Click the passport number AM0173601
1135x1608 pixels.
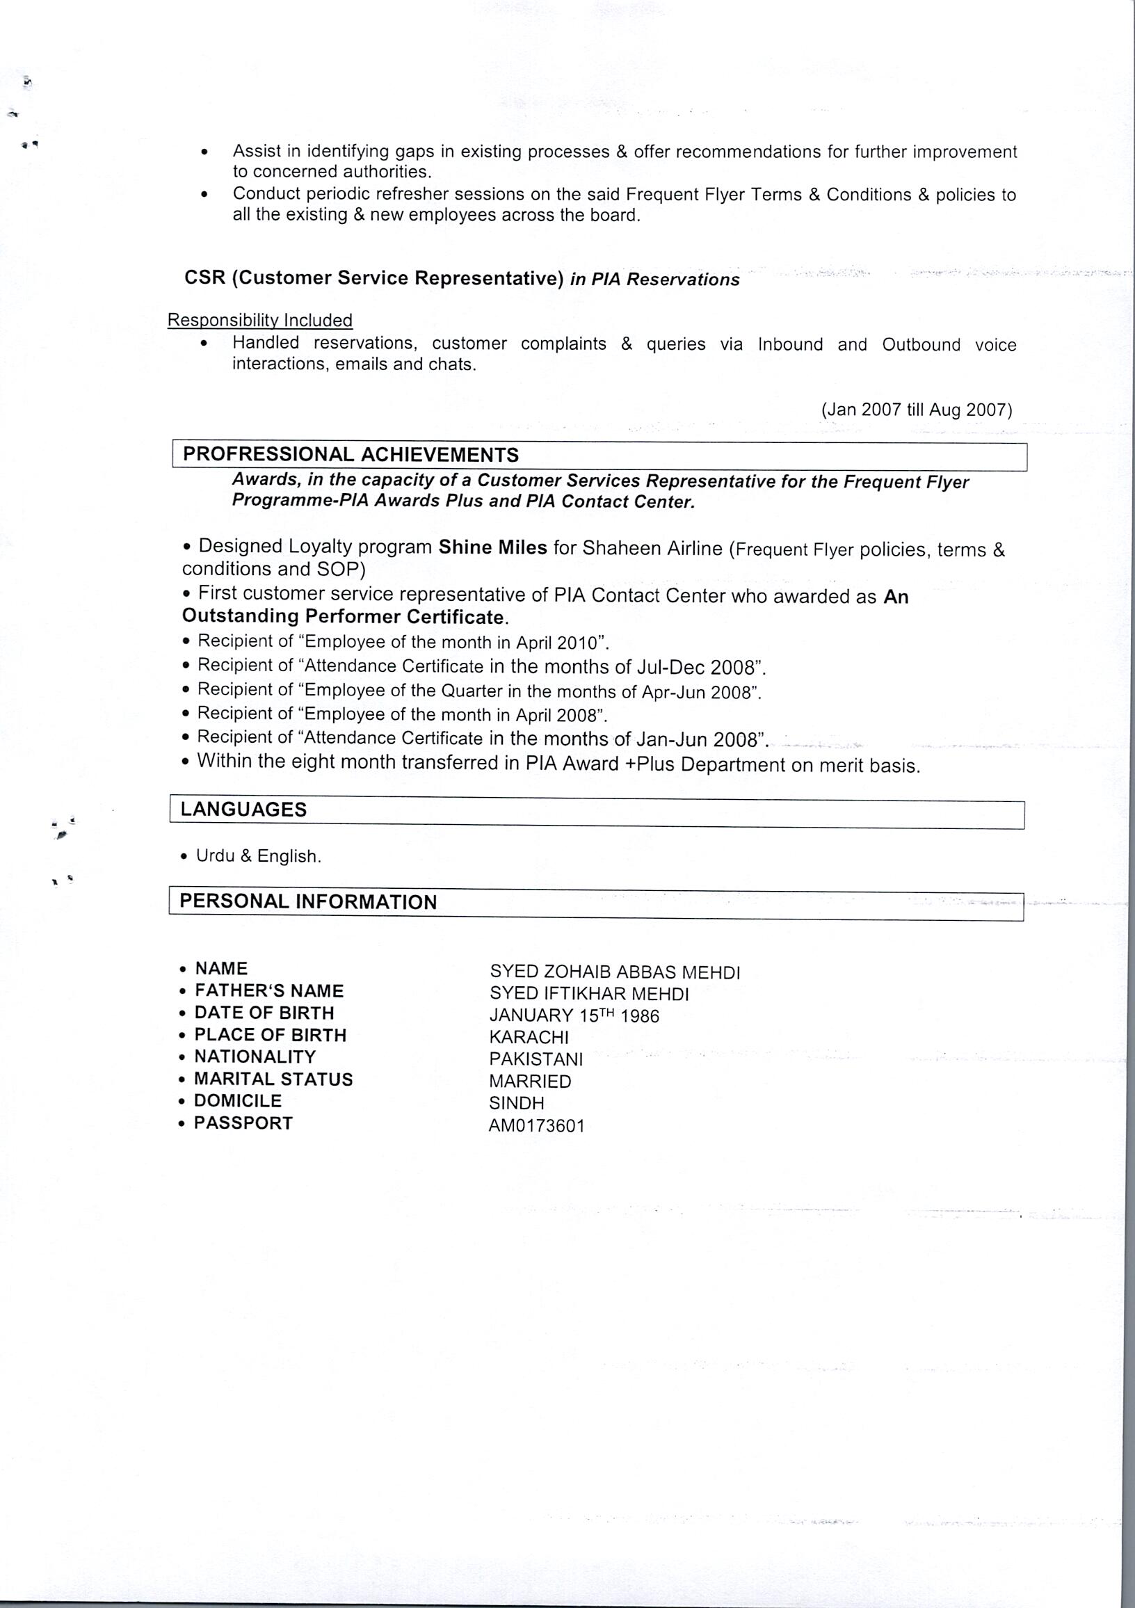[536, 1126]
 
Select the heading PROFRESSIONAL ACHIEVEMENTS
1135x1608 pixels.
[351, 456]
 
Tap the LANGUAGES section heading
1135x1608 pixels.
[243, 810]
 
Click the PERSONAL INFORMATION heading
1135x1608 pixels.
[308, 901]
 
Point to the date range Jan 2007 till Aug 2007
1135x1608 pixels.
[917, 410]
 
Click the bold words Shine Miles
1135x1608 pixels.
[492, 547]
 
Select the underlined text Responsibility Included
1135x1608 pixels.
[260, 321]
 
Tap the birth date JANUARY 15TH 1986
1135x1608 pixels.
[574, 1015]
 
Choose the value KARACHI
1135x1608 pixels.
[529, 1036]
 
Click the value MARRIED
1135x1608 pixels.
[530, 1082]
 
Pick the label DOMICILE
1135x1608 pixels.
[238, 1101]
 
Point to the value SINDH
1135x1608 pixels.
[516, 1103]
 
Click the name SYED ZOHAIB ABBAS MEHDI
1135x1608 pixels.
[615, 972]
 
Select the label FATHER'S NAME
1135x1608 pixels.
[270, 991]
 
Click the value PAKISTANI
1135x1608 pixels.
[536, 1059]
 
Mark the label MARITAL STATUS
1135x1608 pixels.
[273, 1079]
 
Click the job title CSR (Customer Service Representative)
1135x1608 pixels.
[374, 278]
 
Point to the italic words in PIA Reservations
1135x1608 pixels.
[654, 280]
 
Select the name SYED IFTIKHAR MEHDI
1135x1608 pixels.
[589, 994]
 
